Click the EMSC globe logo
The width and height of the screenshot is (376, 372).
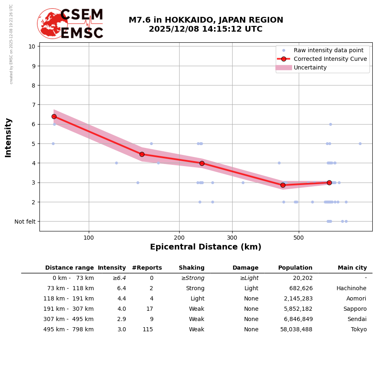pyautogui.click(x=52, y=23)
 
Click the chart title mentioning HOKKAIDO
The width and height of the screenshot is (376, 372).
pyautogui.click(x=205, y=25)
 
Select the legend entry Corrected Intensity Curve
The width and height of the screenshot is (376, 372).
pyautogui.click(x=330, y=59)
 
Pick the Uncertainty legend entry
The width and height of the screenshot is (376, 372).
pyautogui.click(x=310, y=67)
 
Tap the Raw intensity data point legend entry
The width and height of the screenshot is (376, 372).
pyautogui.click(x=328, y=50)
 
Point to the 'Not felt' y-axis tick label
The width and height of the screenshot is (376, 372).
pyautogui.click(x=25, y=222)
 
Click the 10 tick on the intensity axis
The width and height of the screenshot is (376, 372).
pyautogui.click(x=32, y=46)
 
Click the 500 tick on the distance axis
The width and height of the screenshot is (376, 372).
pyautogui.click(x=299, y=238)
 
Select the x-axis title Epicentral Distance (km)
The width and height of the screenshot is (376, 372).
pyautogui.click(x=205, y=247)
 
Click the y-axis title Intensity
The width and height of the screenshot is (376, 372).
pyautogui.click(x=8, y=137)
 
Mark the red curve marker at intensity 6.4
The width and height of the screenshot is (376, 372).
pyautogui.click(x=54, y=116)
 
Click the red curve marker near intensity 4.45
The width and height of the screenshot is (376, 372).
pyautogui.click(x=142, y=154)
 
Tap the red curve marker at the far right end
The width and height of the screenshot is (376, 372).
pyautogui.click(x=329, y=183)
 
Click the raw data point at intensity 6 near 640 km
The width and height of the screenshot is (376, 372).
pyautogui.click(x=330, y=124)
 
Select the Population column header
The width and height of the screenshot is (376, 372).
pyautogui.click(x=295, y=268)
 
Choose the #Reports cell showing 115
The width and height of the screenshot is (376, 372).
pyautogui.click(x=148, y=330)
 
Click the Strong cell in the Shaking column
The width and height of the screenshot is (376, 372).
pyautogui.click(x=195, y=289)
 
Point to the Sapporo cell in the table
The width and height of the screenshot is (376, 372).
pyautogui.click(x=355, y=309)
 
